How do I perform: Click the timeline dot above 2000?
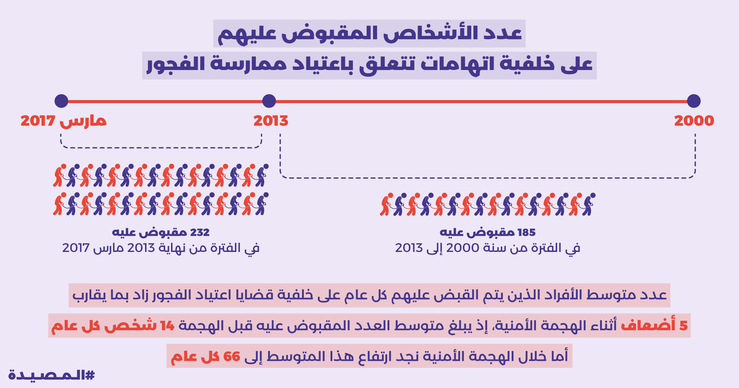tap(694, 101)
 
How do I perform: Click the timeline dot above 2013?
tap(269, 101)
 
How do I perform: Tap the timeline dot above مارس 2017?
tap(61, 101)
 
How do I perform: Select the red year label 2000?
tap(694, 121)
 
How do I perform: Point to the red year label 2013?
tap(271, 121)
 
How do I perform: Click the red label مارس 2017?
tap(64, 121)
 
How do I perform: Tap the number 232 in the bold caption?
tap(200, 232)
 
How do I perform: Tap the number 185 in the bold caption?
tap(526, 232)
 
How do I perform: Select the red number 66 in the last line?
tap(232, 357)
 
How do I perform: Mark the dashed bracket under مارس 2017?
tap(161, 147)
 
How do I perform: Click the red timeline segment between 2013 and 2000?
tap(480, 101)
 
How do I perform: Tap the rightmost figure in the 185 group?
tap(588, 205)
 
